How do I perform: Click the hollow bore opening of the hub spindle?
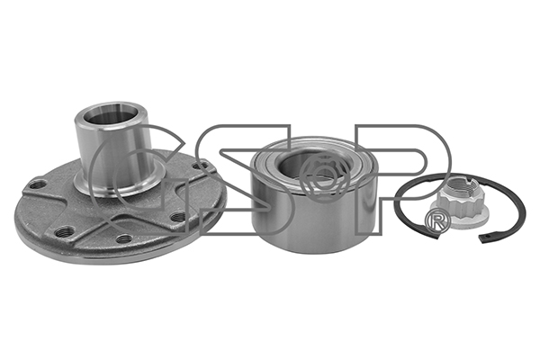(x=112, y=118)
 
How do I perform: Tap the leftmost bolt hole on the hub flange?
(x=38, y=185)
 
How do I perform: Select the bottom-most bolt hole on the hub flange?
(x=125, y=238)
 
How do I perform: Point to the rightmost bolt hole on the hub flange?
(x=201, y=166)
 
